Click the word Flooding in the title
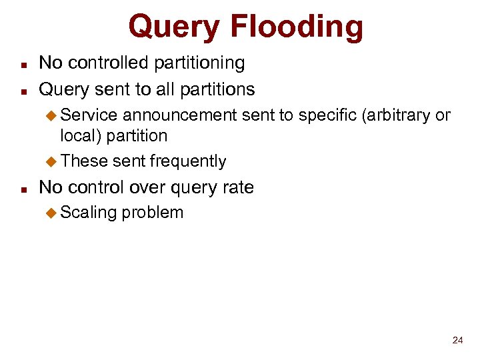click(x=297, y=27)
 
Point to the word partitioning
click(x=200, y=63)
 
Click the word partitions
click(x=215, y=89)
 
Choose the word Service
click(x=89, y=115)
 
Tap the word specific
click(x=328, y=115)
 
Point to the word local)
click(x=80, y=135)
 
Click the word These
click(x=84, y=161)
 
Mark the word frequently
click(x=188, y=161)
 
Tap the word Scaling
click(x=89, y=213)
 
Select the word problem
click(x=152, y=213)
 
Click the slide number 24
click(x=457, y=340)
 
